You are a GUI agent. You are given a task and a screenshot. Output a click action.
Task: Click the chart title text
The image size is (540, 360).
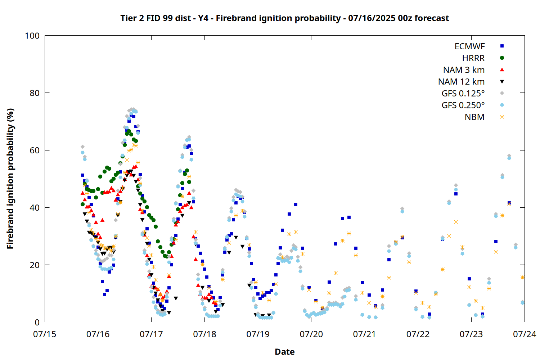pyautogui.click(x=284, y=18)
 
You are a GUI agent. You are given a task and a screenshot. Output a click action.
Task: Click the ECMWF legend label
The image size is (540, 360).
pyautogui.click(x=469, y=46)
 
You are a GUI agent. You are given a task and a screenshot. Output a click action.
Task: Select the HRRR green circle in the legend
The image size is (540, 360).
pyautogui.click(x=502, y=58)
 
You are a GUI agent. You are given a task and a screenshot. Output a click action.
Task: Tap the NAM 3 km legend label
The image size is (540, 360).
pyautogui.click(x=464, y=70)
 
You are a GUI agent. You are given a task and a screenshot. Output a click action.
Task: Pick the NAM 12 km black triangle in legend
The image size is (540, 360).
pyautogui.click(x=502, y=82)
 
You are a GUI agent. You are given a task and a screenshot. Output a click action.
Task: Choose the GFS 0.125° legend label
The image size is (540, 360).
pyautogui.click(x=463, y=93)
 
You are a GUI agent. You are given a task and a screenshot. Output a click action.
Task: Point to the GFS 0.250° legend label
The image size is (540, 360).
pyautogui.click(x=463, y=105)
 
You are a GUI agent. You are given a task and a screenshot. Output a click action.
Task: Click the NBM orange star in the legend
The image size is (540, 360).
pyautogui.click(x=502, y=117)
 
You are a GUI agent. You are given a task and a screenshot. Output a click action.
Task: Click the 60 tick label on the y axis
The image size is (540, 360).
pyautogui.click(x=35, y=150)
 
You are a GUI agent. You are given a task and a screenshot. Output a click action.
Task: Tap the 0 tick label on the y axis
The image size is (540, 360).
pyautogui.click(x=37, y=322)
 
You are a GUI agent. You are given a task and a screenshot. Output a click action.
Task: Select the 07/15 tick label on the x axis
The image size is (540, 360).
pyautogui.click(x=45, y=334)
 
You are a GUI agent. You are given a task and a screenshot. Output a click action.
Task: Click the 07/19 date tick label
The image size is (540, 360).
pyautogui.click(x=258, y=334)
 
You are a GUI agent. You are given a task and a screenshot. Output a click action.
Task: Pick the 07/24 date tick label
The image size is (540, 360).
pyautogui.click(x=525, y=334)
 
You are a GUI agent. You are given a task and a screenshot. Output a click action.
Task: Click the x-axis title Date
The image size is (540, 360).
pyautogui.click(x=285, y=352)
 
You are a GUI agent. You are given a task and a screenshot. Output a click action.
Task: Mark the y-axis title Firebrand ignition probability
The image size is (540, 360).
pyautogui.click(x=10, y=179)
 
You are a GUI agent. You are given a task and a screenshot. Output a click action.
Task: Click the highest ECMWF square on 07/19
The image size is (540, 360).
pyautogui.click(x=296, y=205)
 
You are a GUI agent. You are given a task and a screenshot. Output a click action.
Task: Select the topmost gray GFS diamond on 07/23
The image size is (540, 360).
pyautogui.click(x=509, y=156)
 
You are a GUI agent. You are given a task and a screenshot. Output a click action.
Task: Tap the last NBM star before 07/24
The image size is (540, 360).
pyautogui.click(x=522, y=277)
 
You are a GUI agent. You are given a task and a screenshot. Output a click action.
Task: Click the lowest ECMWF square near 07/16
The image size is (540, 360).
pyautogui.click(x=104, y=294)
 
